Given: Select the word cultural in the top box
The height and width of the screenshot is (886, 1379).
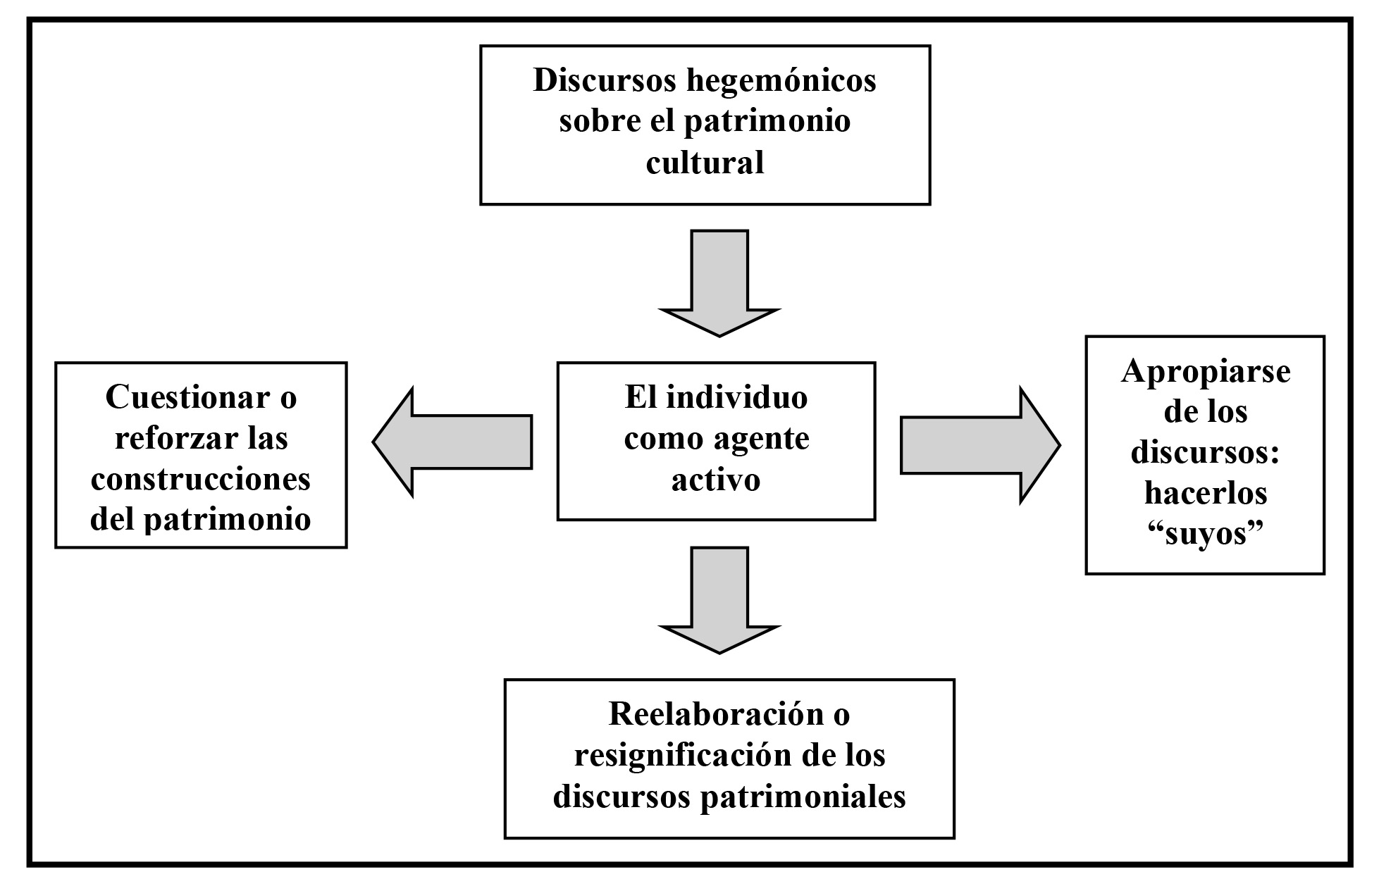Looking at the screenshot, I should click(x=705, y=163).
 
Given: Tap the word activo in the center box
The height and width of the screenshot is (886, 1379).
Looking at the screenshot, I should click(x=716, y=480).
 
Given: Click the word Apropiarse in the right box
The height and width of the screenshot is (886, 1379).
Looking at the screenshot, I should click(x=1205, y=371).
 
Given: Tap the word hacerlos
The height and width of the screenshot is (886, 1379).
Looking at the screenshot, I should click(x=1205, y=493).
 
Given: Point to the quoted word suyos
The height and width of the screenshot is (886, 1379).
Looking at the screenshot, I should click(x=1205, y=534).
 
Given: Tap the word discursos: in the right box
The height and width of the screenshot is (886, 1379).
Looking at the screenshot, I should click(x=1205, y=452).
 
